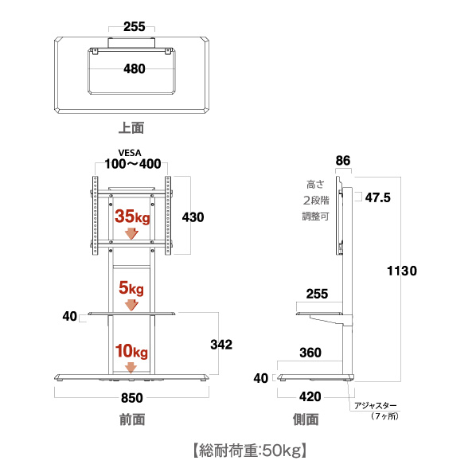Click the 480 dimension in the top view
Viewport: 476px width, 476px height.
click(135, 69)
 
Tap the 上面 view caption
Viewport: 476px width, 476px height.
click(131, 128)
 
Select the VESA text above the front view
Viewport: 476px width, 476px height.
click(130, 153)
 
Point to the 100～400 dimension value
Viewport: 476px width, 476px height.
click(133, 164)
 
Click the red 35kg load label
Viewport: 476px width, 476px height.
click(132, 217)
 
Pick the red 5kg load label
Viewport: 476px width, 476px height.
click(131, 288)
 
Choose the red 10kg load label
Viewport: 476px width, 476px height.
click(131, 351)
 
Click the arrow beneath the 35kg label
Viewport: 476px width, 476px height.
click(132, 233)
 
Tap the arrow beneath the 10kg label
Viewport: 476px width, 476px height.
click(131, 368)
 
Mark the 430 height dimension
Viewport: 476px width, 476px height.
click(193, 217)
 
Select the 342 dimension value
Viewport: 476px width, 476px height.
click(221, 345)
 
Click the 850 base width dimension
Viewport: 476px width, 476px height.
click(132, 398)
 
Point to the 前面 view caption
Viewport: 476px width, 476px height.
click(132, 419)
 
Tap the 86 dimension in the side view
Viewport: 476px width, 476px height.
click(343, 161)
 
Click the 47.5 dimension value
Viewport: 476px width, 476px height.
click(377, 197)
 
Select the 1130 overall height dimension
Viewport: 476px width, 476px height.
click(402, 271)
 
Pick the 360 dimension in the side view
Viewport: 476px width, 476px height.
click(310, 353)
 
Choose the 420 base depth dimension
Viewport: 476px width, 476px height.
click(310, 396)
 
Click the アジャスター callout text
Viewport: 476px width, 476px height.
click(376, 406)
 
